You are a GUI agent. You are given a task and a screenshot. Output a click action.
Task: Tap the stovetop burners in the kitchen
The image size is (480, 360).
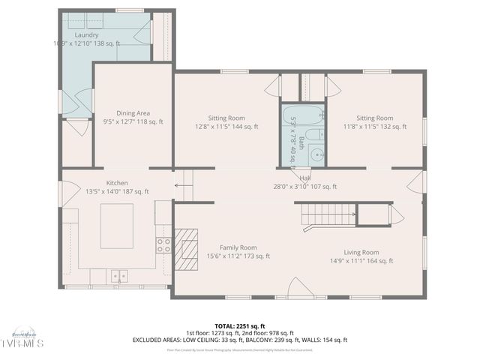tap(163, 244)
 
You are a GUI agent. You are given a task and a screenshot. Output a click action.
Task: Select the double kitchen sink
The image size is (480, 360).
tap(119, 276)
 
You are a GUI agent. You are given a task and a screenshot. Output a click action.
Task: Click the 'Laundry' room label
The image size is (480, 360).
tap(87, 35)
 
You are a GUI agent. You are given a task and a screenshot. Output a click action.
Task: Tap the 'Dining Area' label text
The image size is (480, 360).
tap(133, 113)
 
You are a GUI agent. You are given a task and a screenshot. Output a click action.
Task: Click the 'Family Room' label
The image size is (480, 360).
tap(238, 247)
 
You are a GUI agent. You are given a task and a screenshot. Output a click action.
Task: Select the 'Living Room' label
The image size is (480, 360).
tap(361, 253)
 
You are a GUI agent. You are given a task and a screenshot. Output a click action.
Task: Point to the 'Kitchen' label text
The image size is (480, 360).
tap(116, 183)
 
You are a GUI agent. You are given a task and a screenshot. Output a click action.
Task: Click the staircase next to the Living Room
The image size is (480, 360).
tap(330, 215)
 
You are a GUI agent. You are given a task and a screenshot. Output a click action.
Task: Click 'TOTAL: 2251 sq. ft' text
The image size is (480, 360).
tap(240, 326)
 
